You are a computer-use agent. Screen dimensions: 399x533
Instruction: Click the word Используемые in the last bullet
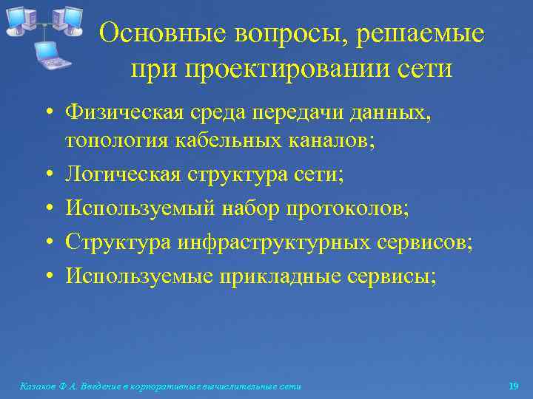click(x=141, y=276)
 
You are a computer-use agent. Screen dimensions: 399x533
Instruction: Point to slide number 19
click(x=514, y=386)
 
